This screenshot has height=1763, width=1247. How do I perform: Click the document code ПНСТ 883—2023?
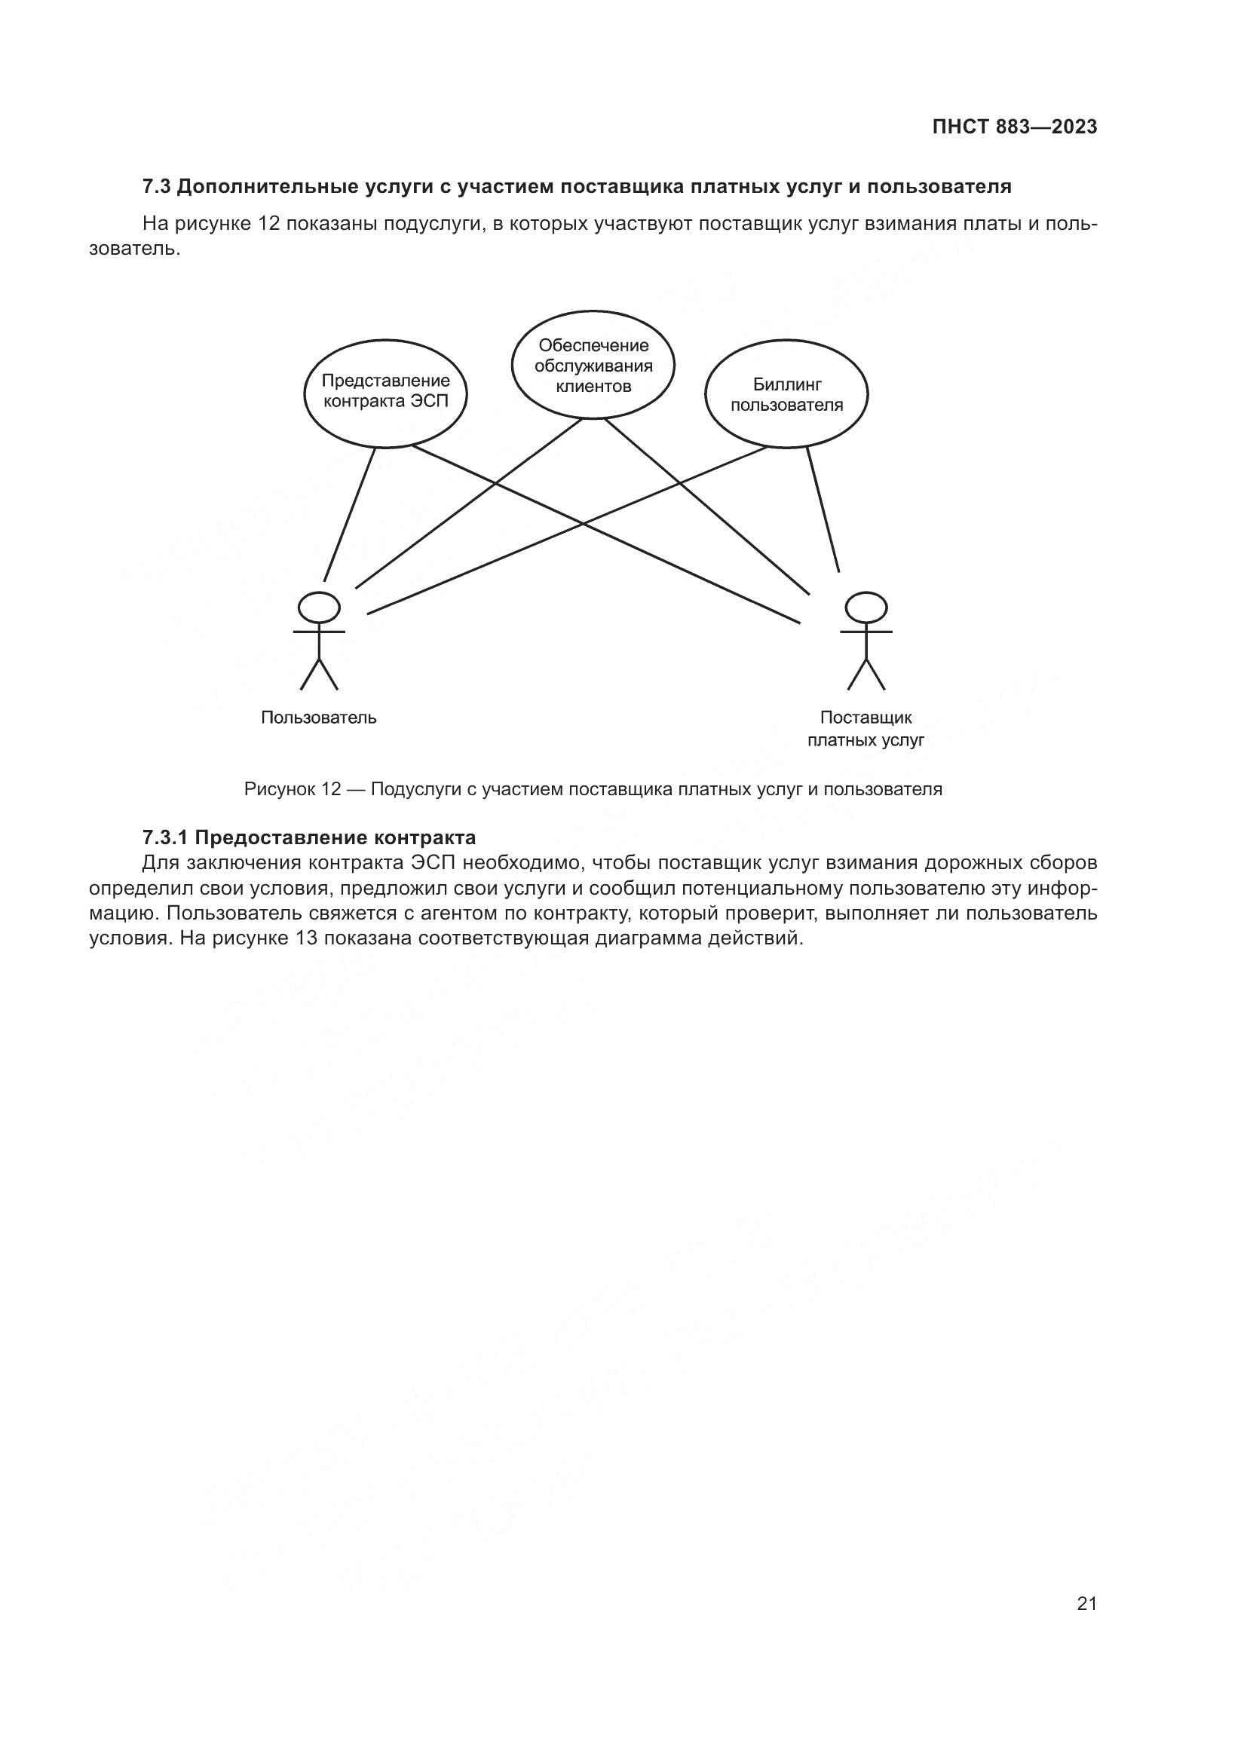[x=1014, y=127]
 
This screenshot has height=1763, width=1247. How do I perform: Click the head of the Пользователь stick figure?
[x=319, y=608]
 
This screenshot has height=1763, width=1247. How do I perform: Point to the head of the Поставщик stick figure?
[x=866, y=608]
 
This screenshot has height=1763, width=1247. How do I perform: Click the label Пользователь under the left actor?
[x=319, y=718]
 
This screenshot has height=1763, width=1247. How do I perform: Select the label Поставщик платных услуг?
[x=866, y=730]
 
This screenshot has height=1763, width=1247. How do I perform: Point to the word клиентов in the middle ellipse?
[x=593, y=385]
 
